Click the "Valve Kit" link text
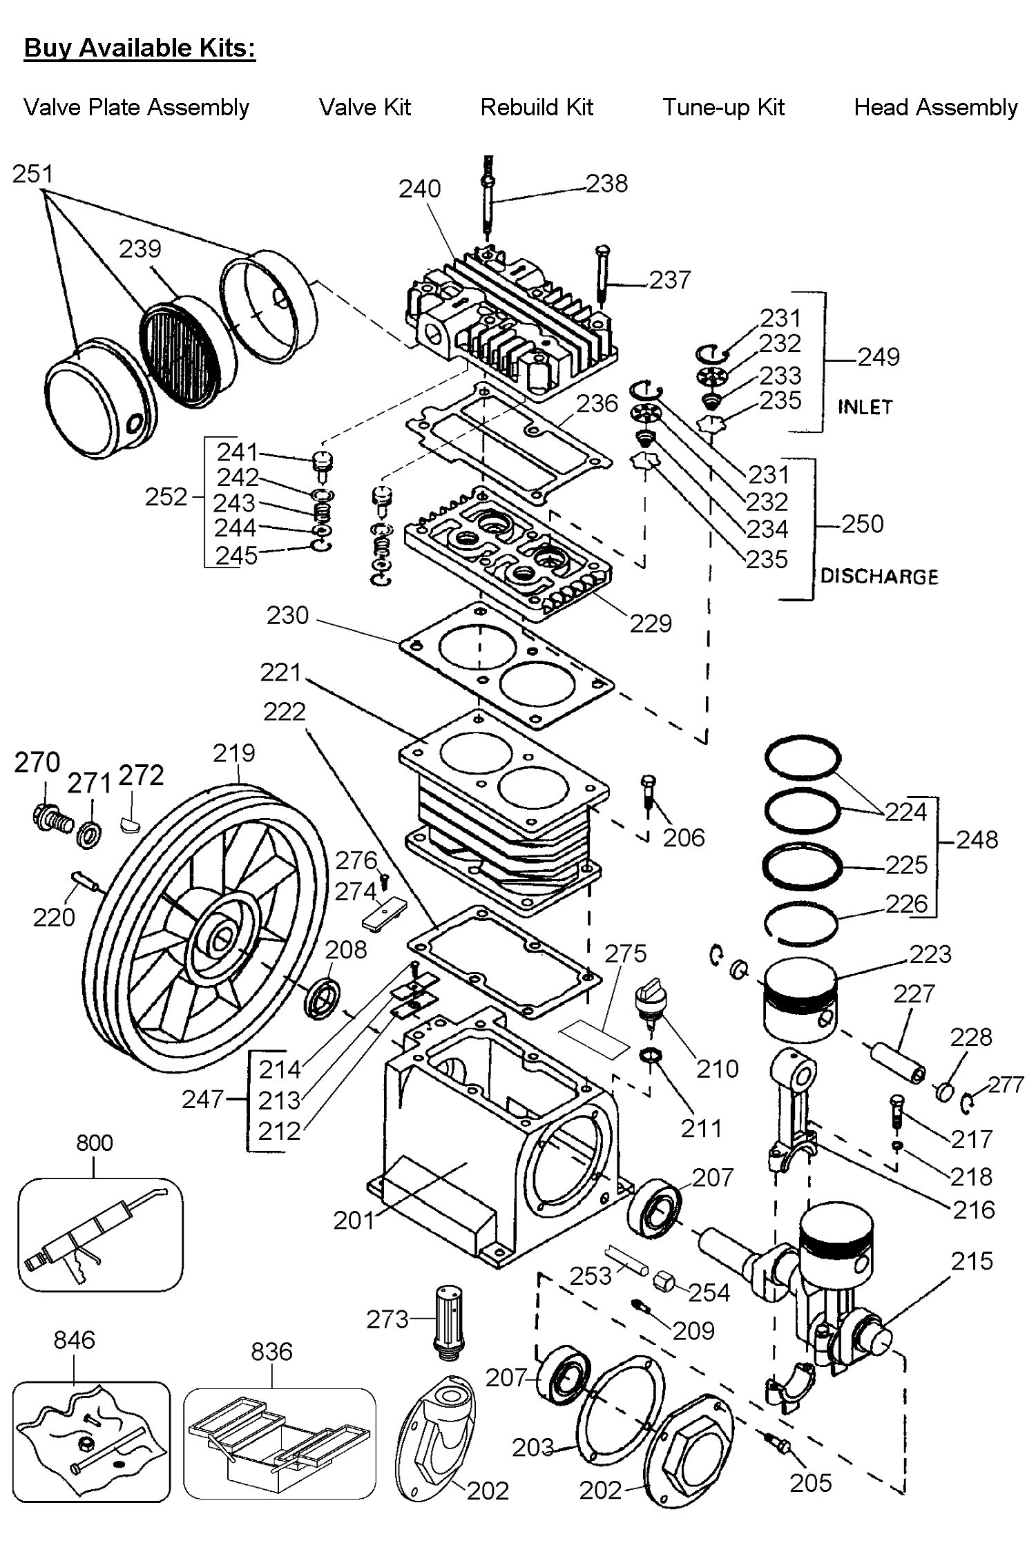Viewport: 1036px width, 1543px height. [365, 107]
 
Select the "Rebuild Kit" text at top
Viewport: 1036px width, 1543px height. [537, 107]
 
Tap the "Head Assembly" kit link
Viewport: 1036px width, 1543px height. [936, 107]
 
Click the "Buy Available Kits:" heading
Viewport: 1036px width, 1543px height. [140, 48]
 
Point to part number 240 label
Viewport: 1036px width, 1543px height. [419, 188]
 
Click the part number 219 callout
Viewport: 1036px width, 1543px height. [234, 753]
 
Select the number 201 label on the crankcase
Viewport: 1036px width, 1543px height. [354, 1221]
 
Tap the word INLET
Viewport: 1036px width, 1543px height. [865, 407]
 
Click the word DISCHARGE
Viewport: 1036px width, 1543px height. [879, 576]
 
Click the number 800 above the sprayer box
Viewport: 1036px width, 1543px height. [95, 1143]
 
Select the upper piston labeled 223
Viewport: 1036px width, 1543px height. [800, 1000]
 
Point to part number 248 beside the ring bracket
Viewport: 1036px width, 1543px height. [977, 840]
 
